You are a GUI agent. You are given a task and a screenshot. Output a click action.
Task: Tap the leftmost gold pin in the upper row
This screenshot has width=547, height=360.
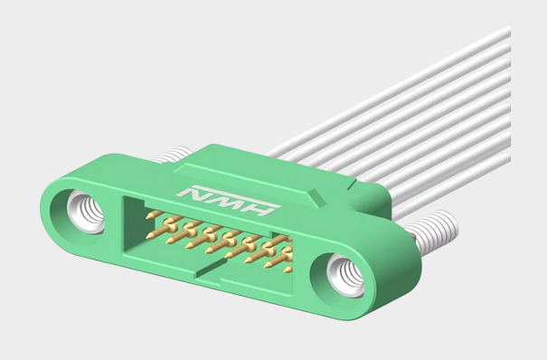coord(156,217)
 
